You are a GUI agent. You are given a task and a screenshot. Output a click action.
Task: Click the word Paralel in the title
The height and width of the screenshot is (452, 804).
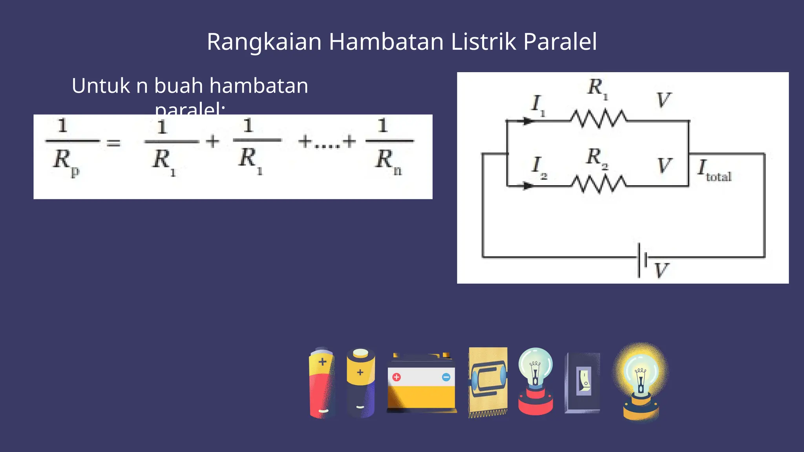pos(560,42)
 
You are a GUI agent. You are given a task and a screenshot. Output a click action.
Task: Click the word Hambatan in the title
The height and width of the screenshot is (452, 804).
pos(386,42)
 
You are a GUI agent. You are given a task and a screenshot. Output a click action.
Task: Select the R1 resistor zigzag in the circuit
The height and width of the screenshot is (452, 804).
pos(599,119)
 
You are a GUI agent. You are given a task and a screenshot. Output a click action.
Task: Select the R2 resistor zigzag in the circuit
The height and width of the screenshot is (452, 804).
pos(599,184)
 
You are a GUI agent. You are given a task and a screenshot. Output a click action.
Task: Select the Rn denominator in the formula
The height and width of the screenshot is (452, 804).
pos(389,161)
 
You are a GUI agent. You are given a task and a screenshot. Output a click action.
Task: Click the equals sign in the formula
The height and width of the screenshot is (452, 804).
pos(114,143)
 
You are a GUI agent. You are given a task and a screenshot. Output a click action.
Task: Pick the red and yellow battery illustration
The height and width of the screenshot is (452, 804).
pos(322,383)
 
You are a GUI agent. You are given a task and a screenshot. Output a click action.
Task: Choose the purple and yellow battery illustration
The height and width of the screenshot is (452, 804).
pos(360,383)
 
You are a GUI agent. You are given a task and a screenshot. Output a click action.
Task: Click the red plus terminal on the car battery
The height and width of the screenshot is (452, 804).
pos(397,377)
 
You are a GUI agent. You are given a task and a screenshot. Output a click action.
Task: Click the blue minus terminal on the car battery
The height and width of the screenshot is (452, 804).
pos(446,377)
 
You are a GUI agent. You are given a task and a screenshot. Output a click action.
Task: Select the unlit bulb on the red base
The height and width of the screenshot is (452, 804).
pos(535,381)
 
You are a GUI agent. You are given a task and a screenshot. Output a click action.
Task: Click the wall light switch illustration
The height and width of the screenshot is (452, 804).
pos(583,383)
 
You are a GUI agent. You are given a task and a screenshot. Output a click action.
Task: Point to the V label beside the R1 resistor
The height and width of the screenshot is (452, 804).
pos(664,100)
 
